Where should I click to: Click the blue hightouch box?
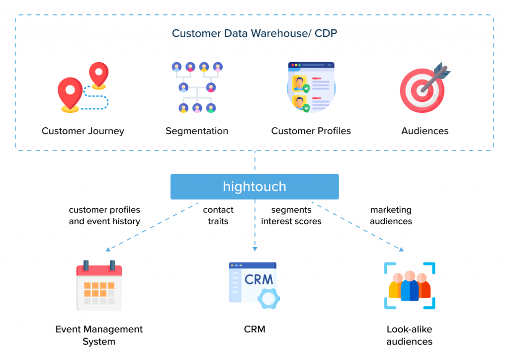click(x=254, y=187)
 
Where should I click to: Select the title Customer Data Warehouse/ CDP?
click(x=254, y=34)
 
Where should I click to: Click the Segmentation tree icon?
click(x=197, y=88)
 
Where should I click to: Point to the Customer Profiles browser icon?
click(x=311, y=88)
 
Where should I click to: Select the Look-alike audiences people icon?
click(x=410, y=286)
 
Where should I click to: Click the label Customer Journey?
click(x=83, y=131)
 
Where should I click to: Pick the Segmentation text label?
click(x=197, y=131)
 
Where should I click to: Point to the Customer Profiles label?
click(x=311, y=131)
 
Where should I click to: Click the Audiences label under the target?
click(x=424, y=131)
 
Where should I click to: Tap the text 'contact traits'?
click(x=218, y=216)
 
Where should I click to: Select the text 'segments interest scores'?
click(x=291, y=216)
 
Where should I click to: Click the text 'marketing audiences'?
click(x=391, y=216)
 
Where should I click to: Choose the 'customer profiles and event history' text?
click(x=104, y=216)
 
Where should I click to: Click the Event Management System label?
click(x=99, y=335)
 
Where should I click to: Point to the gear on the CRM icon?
click(x=268, y=299)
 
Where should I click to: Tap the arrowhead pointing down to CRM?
click(x=254, y=248)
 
